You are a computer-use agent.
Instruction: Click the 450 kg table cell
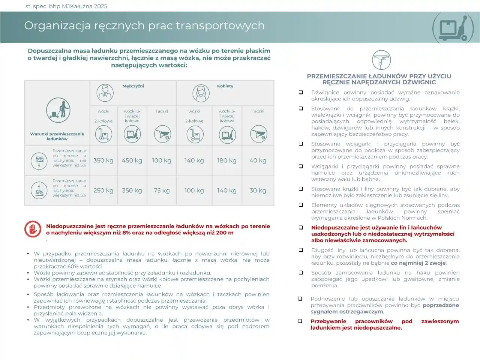pos(132,160)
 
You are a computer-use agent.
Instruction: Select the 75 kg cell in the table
pos(162,190)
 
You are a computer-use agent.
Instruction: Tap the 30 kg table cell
pos(258,190)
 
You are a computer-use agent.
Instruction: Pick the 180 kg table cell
pos(227,160)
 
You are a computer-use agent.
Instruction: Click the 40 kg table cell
pos(258,160)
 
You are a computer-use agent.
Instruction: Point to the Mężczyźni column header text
pos(133,86)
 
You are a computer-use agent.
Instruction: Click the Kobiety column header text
pos(225,86)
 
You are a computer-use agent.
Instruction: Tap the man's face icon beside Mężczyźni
pos(105,93)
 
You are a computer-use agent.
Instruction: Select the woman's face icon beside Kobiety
pos(201,93)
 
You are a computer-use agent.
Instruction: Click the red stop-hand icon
pos(33,229)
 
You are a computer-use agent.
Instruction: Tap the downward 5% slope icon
pos(39,160)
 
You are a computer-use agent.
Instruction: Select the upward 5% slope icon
pos(39,190)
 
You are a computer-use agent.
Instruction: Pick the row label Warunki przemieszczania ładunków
pos(57,136)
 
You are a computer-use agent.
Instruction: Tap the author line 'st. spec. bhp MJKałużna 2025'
pos(66,6)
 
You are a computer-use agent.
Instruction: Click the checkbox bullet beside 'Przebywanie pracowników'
pos(300,321)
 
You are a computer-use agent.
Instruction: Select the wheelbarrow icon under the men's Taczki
pos(162,134)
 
